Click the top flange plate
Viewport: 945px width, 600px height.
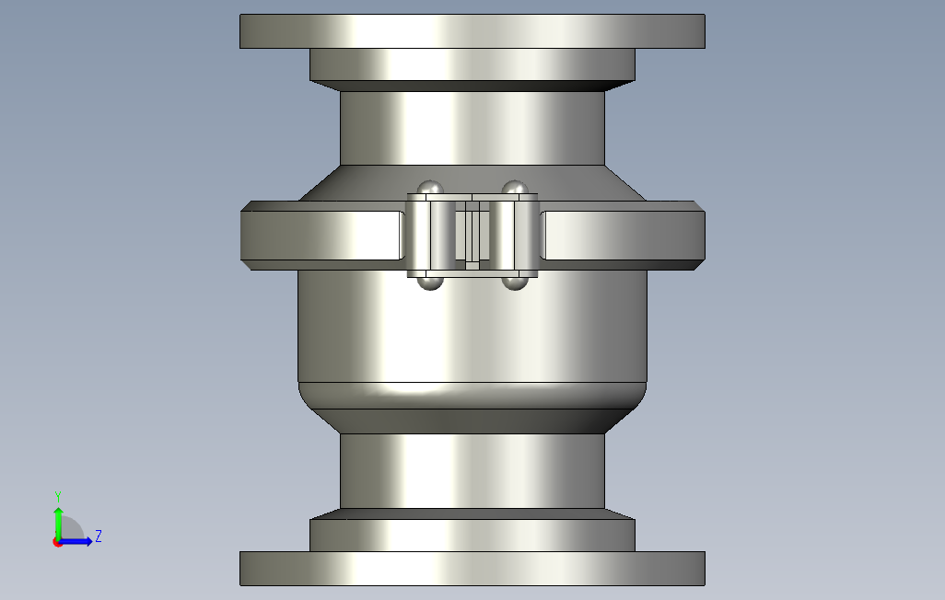(472, 31)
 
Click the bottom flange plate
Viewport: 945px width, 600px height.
(472, 568)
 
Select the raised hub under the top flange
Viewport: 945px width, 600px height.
(472, 64)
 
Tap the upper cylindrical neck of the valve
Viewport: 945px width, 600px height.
(472, 128)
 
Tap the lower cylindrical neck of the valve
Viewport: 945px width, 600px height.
(472, 470)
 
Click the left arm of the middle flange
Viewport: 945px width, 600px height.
(323, 236)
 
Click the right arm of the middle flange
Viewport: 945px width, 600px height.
(623, 236)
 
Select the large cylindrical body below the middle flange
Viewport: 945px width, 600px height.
(472, 329)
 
